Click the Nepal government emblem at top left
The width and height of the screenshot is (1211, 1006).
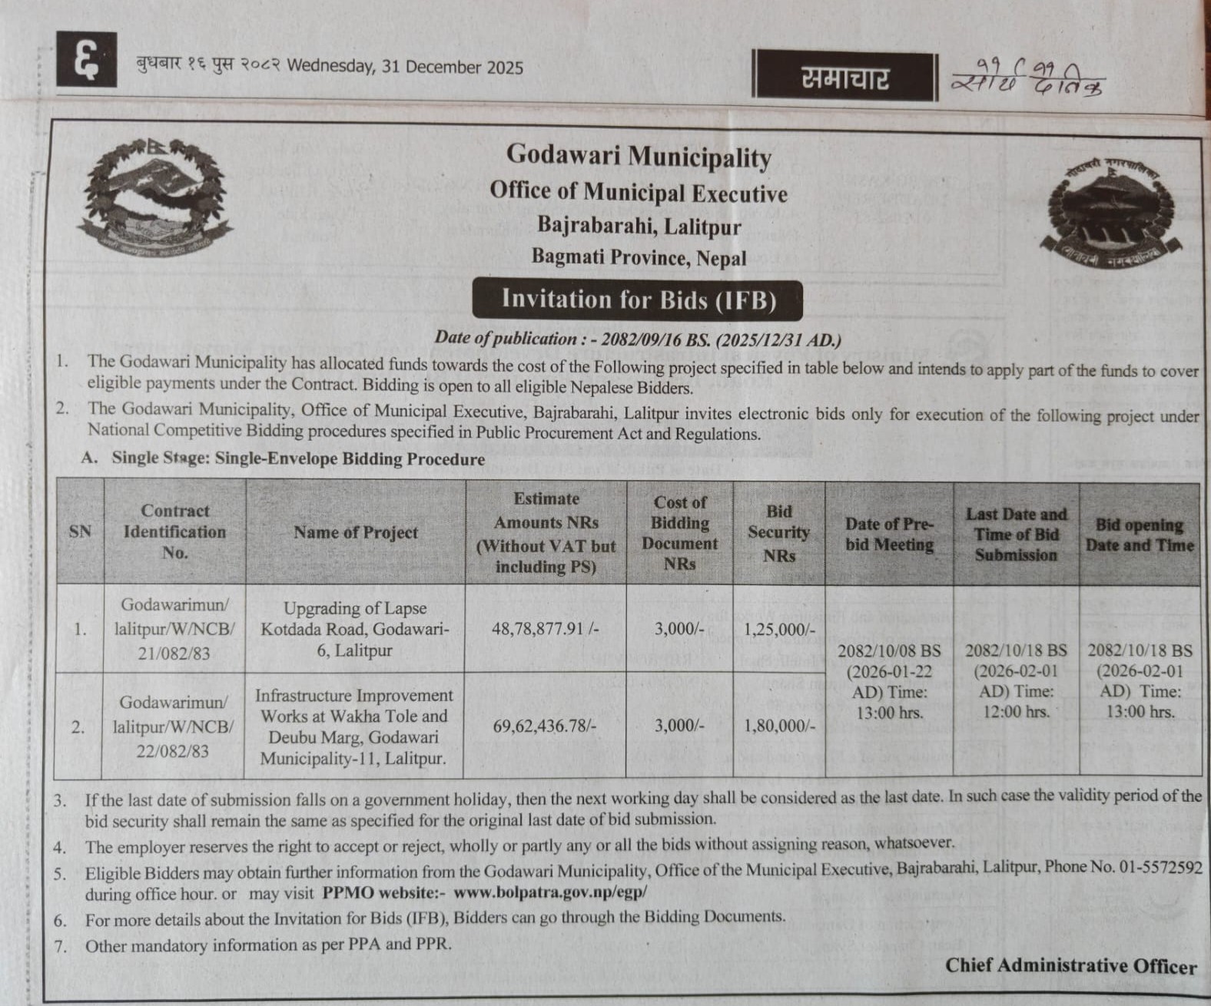point(154,197)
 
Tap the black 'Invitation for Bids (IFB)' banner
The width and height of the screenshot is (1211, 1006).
point(638,299)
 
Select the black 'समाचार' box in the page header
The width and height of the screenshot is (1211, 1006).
point(844,78)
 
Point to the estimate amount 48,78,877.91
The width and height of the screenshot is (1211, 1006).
point(545,629)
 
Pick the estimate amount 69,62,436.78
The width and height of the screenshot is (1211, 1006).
point(546,725)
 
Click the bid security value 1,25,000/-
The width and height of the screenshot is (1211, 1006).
point(779,630)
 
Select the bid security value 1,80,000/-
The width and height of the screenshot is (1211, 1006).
point(779,726)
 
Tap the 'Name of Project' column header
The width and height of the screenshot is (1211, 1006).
point(356,532)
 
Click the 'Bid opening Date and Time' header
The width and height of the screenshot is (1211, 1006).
point(1140,534)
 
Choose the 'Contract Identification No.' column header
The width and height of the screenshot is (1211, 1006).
point(174,531)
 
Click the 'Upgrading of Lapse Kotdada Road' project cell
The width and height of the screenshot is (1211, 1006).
point(355,629)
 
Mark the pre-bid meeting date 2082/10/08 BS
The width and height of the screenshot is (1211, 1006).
point(889,651)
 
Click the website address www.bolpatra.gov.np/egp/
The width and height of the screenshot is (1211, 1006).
point(550,893)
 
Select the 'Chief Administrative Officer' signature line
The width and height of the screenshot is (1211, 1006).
point(1070,965)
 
